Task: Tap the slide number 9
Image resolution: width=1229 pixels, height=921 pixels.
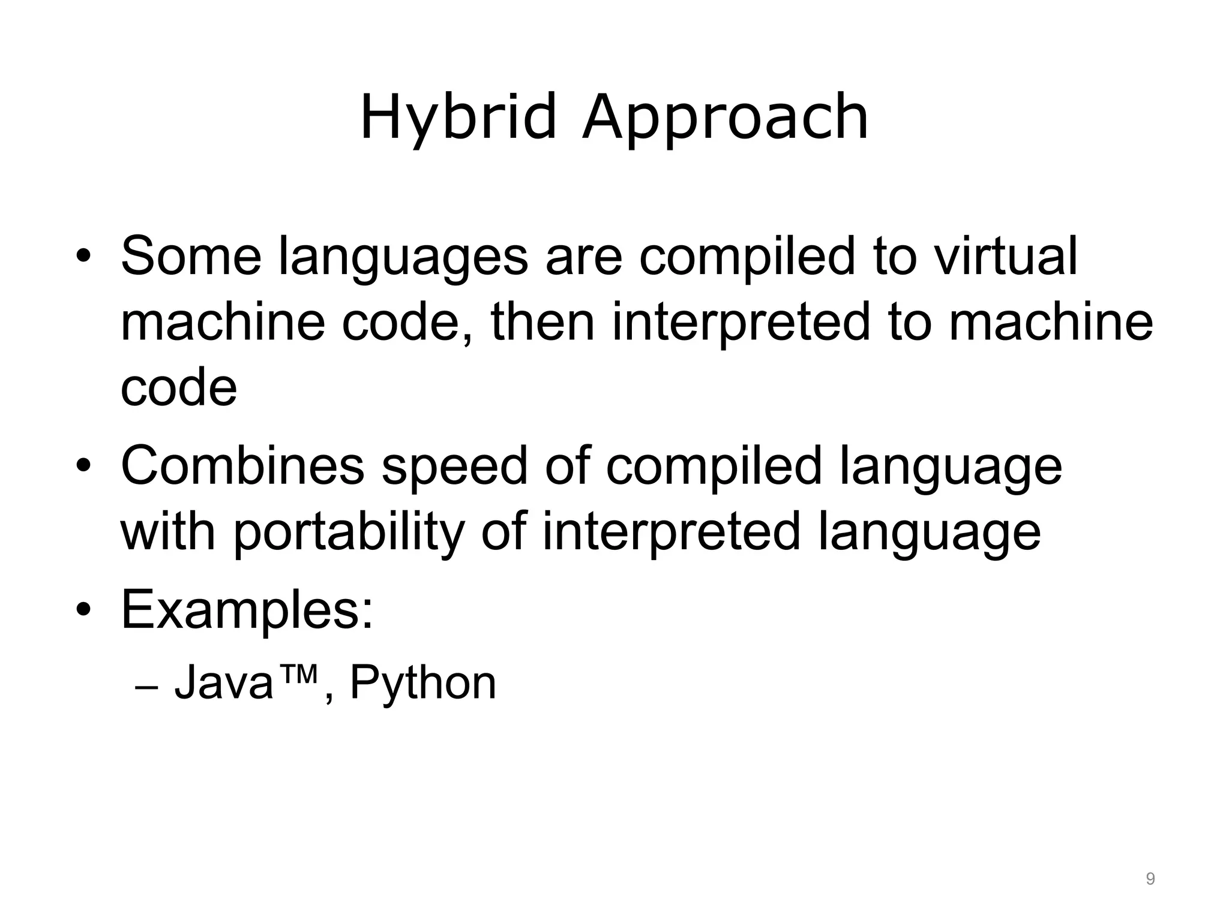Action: click(1150, 879)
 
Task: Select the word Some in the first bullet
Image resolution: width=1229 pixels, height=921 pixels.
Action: click(191, 257)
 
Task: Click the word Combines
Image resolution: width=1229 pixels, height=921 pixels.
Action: click(242, 466)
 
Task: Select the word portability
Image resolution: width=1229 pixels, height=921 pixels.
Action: click(349, 532)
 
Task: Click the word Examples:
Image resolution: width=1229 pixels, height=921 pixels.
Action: click(247, 610)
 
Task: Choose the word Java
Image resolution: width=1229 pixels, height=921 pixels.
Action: click(223, 682)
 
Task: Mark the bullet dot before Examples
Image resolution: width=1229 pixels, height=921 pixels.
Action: click(83, 610)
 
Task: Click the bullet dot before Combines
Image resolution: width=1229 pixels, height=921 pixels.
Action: click(83, 466)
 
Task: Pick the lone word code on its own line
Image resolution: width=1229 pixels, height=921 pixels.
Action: click(178, 387)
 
